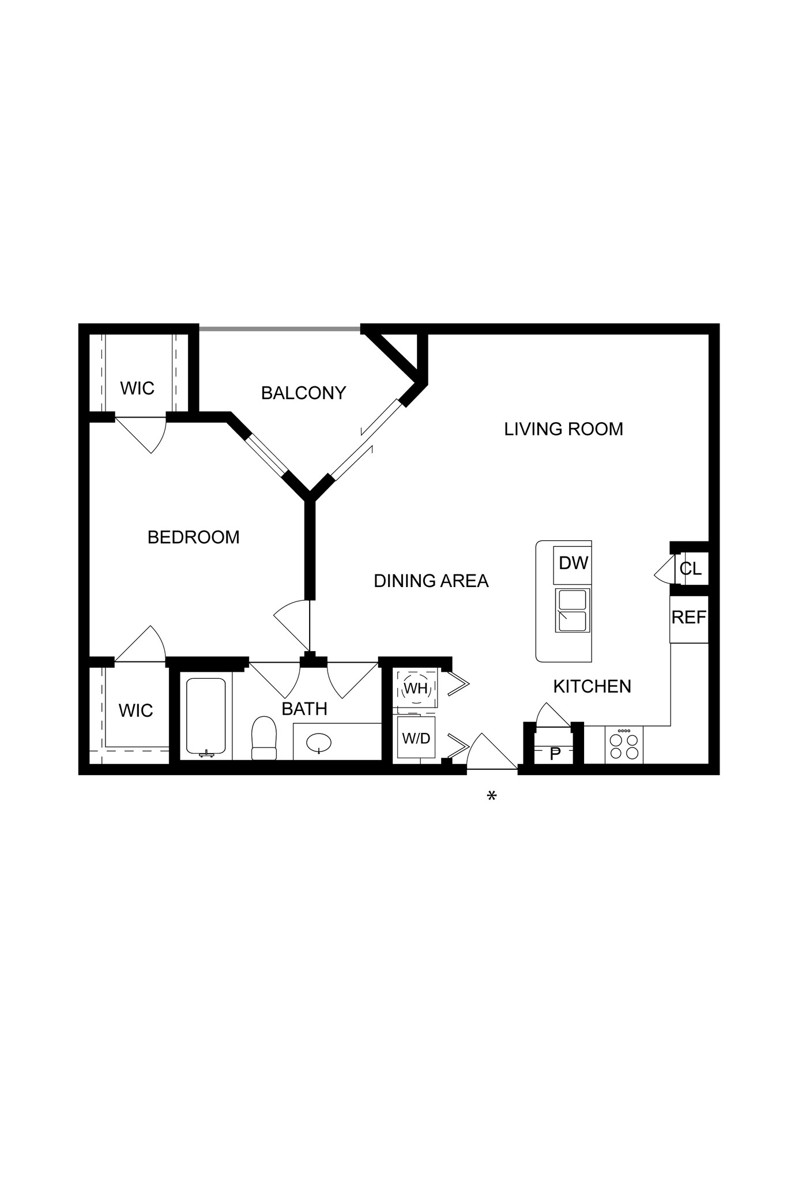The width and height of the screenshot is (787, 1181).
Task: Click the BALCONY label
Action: pos(303,393)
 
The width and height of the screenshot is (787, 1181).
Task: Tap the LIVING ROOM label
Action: pos(563,429)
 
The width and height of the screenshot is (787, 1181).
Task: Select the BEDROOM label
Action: pos(193,537)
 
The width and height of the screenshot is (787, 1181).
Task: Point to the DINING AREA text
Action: pos(431,581)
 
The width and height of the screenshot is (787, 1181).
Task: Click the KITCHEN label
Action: pos(592,686)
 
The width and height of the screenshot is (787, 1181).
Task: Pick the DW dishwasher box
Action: pos(573,563)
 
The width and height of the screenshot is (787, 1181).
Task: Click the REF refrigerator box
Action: pos(688,618)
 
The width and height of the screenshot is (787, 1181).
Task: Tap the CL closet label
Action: pos(690,569)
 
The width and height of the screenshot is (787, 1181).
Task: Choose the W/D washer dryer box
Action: pos(416,738)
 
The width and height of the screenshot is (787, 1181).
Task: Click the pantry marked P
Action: pos(555,754)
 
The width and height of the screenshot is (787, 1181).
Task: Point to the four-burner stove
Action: pos(624,746)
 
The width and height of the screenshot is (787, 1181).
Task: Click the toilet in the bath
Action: pos(264,739)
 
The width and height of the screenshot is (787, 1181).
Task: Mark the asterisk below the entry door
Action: pos(491,797)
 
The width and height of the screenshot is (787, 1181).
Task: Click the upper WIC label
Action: pos(137,389)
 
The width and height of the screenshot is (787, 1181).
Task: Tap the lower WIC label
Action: pos(136,710)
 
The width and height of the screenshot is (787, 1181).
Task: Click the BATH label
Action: pos(304,709)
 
